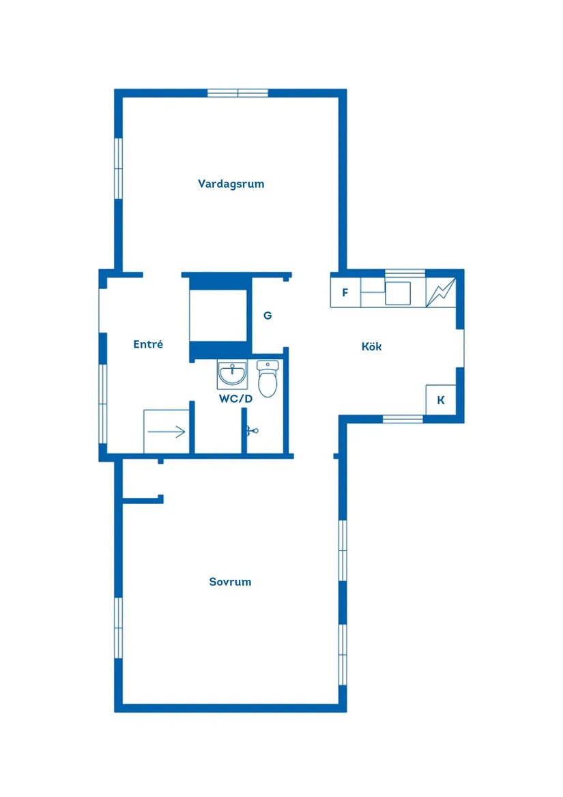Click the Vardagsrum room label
(231, 184)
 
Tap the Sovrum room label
(230, 582)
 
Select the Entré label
(148, 345)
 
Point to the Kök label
(371, 347)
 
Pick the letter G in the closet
(268, 316)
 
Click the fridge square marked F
(345, 293)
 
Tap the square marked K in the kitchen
(441, 400)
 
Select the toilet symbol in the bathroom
(268, 379)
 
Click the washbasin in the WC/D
(232, 374)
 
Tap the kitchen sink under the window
(397, 292)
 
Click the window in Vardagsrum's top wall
(237, 94)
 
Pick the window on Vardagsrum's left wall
(118, 169)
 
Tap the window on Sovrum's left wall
(118, 628)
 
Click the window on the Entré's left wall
(103, 404)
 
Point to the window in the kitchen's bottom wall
(403, 419)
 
